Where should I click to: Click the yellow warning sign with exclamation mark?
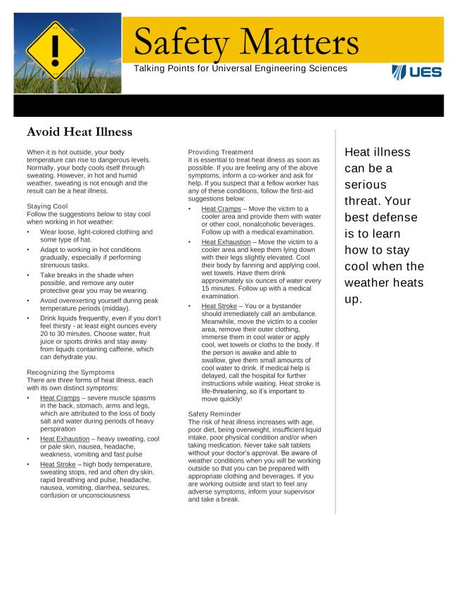[x=56, y=51]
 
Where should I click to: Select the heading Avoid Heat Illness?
[x=79, y=132]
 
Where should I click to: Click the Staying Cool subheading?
[x=48, y=206]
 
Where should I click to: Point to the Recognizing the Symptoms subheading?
[x=70, y=372]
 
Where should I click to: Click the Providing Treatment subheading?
[x=221, y=152]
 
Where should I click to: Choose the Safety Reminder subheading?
[x=214, y=414]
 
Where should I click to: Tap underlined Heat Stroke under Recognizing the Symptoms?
[x=58, y=464]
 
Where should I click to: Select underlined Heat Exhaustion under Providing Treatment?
[x=226, y=241]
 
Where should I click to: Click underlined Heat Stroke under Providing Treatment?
[x=219, y=306]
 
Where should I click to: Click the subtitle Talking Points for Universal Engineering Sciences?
[x=240, y=68]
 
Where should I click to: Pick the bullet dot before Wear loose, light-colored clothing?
[x=29, y=232]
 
